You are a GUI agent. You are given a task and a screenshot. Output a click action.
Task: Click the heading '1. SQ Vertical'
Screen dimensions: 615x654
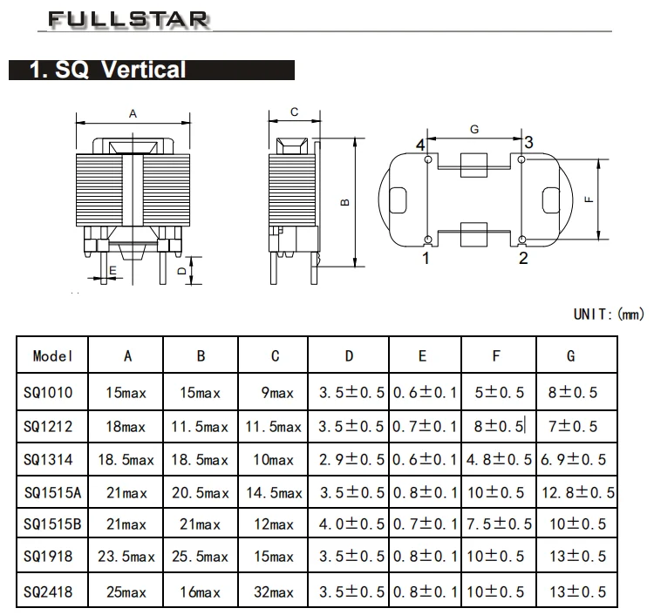coord(108,71)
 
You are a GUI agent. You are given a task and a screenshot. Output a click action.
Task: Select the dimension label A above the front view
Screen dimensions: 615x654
coord(133,113)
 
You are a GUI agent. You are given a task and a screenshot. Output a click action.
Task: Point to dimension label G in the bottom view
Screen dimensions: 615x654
coord(474,129)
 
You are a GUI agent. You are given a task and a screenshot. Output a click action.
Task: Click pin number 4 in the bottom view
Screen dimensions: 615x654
coord(420,145)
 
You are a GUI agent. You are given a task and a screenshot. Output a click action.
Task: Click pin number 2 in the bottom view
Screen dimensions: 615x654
coord(523,258)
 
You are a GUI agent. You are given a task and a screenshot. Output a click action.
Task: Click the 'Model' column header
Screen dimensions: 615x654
coord(54,355)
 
